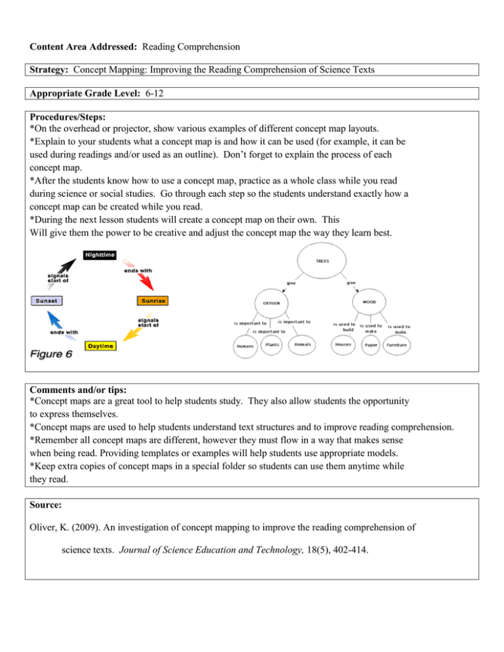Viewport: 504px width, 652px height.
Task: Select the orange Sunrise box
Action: [x=152, y=301]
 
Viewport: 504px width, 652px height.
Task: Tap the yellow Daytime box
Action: [x=100, y=345]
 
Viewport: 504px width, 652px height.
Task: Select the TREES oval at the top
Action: [x=322, y=260]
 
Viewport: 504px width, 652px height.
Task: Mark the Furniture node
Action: [x=398, y=345]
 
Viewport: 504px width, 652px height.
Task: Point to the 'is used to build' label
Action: [x=344, y=327]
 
